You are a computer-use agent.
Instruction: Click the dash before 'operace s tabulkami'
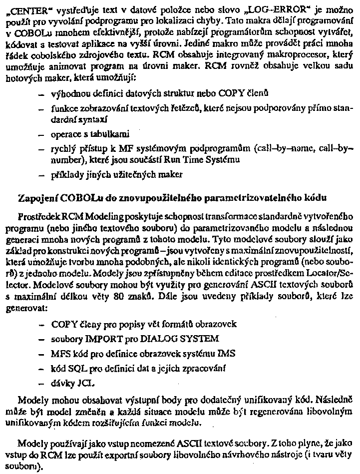click(40, 135)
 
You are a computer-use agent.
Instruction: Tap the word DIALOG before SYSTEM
click(157, 338)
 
